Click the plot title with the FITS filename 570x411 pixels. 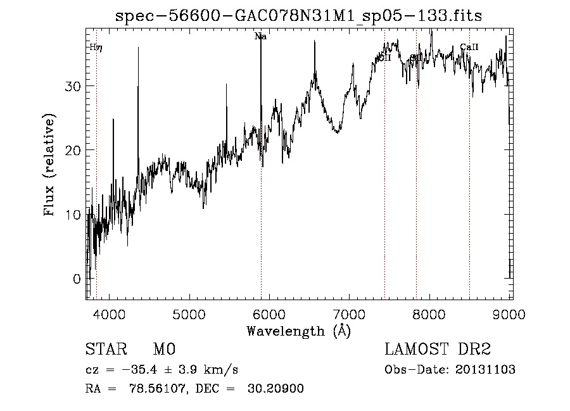point(298,16)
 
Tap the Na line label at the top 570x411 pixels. point(260,37)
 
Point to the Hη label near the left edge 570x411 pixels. point(95,47)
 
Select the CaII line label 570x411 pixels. point(469,47)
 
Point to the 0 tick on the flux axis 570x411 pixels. point(76,279)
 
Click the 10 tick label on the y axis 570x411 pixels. point(72,215)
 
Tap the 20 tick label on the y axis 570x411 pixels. point(72,150)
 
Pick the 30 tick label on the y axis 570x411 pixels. point(72,86)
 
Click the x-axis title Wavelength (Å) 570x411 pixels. point(298,331)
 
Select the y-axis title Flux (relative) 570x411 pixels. point(49,164)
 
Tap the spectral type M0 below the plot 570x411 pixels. point(163,350)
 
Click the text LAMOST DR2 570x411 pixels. point(438,350)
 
